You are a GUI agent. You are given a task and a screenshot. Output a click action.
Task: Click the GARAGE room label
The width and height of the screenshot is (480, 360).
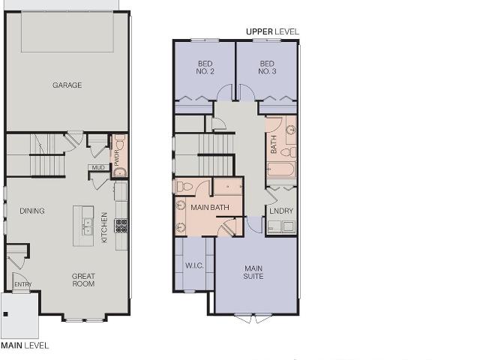tap(67, 85)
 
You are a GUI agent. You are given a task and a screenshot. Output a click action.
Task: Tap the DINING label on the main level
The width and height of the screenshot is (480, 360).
tap(32, 211)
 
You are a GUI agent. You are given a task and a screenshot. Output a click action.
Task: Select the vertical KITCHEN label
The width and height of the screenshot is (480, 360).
tap(104, 227)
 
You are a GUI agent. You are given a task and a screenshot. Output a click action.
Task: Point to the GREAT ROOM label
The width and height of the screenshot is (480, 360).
tap(83, 280)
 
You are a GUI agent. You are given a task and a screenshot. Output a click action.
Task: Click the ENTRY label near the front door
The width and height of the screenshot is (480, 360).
tap(23, 284)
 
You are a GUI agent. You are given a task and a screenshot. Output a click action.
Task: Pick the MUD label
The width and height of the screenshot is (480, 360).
tap(98, 167)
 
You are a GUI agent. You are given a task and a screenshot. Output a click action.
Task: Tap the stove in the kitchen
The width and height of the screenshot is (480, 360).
tap(121, 226)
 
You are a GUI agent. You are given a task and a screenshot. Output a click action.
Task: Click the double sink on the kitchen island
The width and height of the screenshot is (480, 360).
tap(88, 226)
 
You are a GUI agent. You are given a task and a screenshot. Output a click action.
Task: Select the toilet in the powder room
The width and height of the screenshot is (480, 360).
tap(120, 142)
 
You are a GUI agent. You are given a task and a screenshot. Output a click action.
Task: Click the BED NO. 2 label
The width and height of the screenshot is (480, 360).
tap(205, 67)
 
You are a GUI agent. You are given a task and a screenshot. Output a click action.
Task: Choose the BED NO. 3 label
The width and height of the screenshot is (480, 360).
tap(267, 67)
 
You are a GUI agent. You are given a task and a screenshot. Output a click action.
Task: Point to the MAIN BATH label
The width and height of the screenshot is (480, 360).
tap(210, 208)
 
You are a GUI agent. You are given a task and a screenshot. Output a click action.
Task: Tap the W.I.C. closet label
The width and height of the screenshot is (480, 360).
tap(194, 265)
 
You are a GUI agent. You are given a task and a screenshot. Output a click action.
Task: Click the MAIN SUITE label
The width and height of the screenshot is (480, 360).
tap(253, 272)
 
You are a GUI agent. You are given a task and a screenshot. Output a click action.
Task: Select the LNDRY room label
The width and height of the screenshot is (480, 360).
tap(281, 211)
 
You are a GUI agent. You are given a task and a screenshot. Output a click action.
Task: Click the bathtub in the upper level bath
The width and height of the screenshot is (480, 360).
tap(281, 169)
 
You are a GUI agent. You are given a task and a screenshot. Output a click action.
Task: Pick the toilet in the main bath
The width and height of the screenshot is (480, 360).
tap(183, 186)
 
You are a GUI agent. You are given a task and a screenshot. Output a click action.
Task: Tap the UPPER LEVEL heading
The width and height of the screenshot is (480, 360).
tap(272, 31)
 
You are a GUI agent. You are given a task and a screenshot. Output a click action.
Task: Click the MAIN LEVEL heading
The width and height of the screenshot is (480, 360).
tap(25, 346)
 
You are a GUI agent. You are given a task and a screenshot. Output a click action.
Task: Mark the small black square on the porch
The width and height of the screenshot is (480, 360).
tap(5, 314)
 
